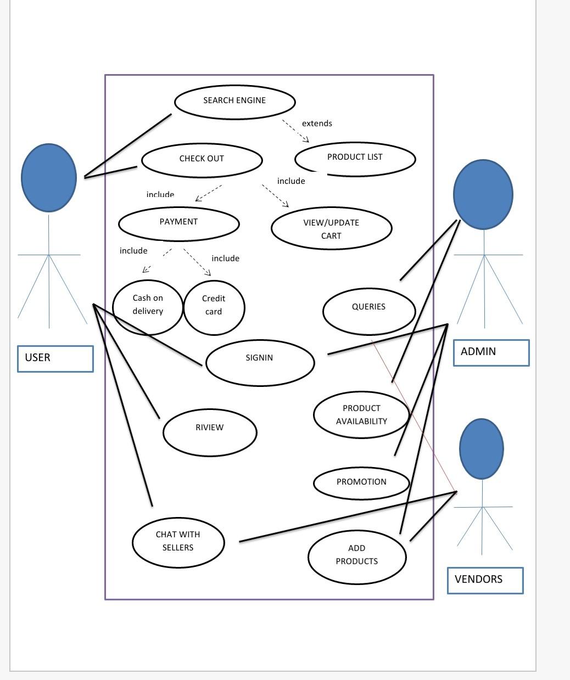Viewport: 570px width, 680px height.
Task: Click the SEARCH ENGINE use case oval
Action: [234, 102]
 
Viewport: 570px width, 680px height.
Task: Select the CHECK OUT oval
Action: [202, 160]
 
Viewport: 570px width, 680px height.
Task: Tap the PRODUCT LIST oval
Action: [355, 159]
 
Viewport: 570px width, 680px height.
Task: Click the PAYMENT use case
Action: [178, 223]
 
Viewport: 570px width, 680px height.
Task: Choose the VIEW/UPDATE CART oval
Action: [331, 228]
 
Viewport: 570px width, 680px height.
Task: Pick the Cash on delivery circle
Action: [147, 306]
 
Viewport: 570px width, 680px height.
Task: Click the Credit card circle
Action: [214, 307]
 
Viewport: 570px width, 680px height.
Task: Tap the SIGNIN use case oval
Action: [260, 362]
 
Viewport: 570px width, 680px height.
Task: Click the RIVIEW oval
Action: [209, 431]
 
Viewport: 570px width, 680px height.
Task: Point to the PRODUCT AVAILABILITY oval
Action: [361, 414]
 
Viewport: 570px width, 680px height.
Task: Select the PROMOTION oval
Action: [361, 483]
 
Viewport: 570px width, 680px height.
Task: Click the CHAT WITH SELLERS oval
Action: [178, 542]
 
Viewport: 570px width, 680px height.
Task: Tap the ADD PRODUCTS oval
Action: [356, 555]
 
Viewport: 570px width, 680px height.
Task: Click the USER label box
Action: [55, 358]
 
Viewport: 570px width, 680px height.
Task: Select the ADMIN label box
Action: [491, 352]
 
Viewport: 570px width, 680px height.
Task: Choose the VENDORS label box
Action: [485, 580]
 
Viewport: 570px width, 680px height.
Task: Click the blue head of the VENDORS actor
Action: [481, 448]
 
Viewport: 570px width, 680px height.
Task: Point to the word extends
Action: [317, 123]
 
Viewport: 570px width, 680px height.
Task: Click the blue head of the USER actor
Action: [48, 177]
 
